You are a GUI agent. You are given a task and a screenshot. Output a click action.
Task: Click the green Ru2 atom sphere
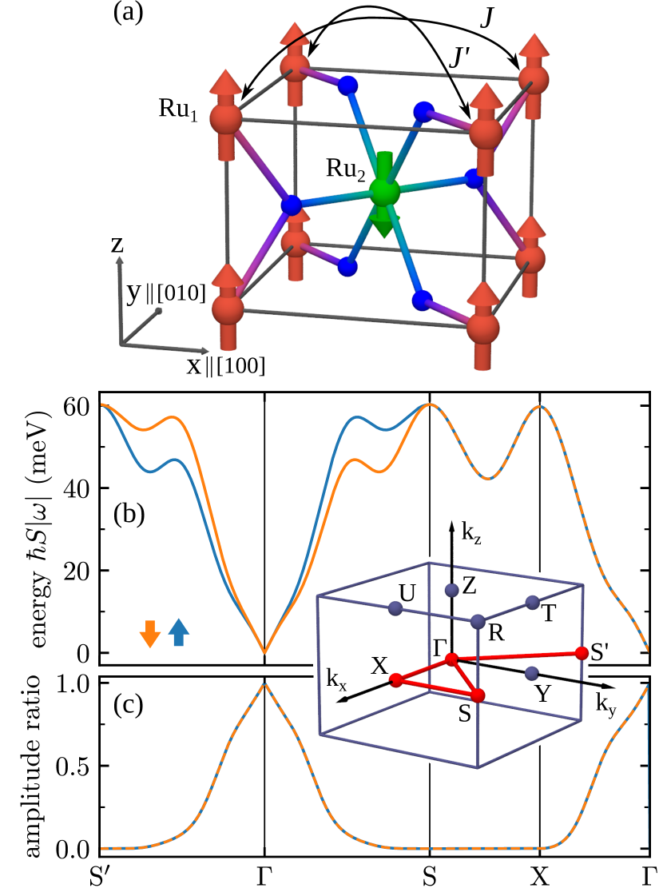point(384,192)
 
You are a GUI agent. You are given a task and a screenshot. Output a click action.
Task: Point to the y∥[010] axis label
point(166,293)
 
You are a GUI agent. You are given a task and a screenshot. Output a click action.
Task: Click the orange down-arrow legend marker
point(149,632)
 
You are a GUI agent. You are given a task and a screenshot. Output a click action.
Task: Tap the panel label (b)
point(128,516)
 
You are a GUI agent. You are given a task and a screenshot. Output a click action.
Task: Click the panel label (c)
point(128,707)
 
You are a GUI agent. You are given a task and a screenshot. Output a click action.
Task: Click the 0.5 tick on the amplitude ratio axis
point(76,766)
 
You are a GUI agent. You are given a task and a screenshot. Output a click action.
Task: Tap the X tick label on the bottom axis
point(540,876)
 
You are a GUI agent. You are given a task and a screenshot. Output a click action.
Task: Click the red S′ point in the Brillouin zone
point(582,653)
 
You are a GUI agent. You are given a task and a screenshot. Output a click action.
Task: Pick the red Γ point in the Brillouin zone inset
point(452,659)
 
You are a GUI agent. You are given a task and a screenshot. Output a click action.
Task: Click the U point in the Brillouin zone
point(394,608)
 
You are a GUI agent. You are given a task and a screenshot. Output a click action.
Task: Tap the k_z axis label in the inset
point(470,528)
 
